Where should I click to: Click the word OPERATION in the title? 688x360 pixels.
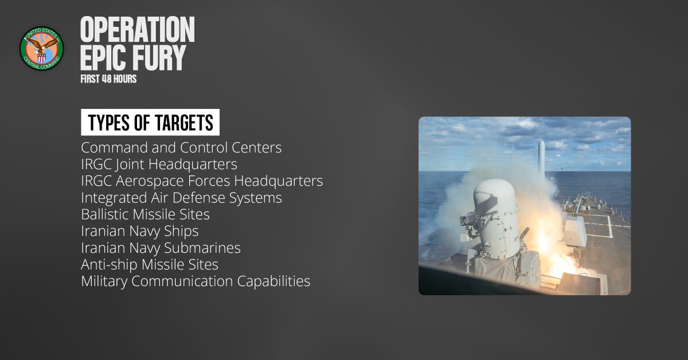[138, 30]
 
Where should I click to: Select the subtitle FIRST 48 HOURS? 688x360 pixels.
[109, 79]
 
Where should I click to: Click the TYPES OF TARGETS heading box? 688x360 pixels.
[150, 123]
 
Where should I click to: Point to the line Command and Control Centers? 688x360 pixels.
[181, 148]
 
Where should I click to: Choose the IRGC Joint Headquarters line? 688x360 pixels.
[159, 165]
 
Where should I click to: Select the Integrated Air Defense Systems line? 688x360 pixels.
[181, 198]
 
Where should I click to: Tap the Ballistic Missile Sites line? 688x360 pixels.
[145, 214]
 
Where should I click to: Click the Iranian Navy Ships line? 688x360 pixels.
[139, 231]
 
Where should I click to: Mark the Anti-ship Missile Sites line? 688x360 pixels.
[149, 265]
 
